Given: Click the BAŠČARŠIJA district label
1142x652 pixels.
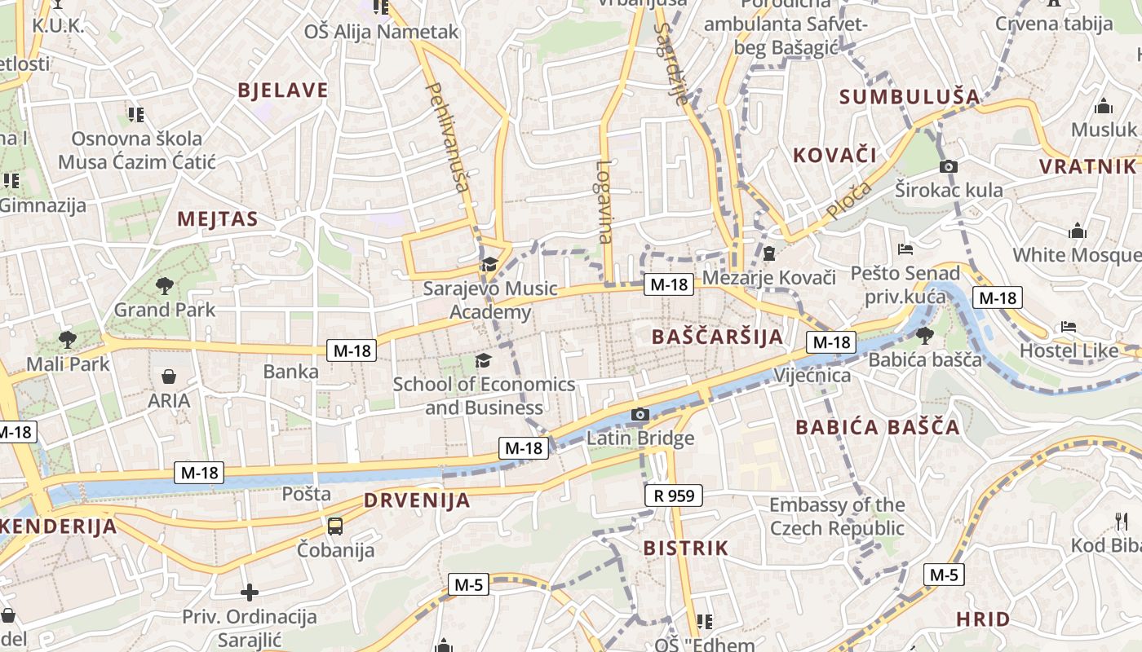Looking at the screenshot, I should (x=717, y=336).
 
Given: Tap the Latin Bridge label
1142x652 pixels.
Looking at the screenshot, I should (x=640, y=438).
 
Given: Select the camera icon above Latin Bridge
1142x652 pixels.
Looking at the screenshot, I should (x=640, y=415).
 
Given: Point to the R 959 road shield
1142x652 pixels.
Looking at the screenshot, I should (x=673, y=495).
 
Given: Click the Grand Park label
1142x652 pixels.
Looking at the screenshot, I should (x=165, y=310).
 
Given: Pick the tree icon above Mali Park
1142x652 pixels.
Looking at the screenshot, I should (x=68, y=339).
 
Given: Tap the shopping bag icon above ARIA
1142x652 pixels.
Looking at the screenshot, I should (x=169, y=377).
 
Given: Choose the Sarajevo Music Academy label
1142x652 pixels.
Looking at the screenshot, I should (x=490, y=300).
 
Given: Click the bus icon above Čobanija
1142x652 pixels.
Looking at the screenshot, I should (x=335, y=526).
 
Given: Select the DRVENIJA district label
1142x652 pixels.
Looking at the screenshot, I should (x=417, y=500).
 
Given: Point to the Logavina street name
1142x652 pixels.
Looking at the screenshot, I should (x=604, y=201).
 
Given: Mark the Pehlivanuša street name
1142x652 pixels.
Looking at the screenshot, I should (x=448, y=136).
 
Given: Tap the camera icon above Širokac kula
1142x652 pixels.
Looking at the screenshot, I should (x=948, y=167).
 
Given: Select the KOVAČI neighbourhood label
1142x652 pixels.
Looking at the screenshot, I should (x=834, y=155).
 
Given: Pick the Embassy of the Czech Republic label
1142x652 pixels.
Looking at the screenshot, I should (x=837, y=517).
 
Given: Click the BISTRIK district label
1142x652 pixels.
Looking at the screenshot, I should (x=685, y=548).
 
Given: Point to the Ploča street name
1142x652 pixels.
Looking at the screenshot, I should (x=848, y=200).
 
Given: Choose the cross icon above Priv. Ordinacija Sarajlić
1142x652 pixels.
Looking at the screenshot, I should (x=250, y=593).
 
